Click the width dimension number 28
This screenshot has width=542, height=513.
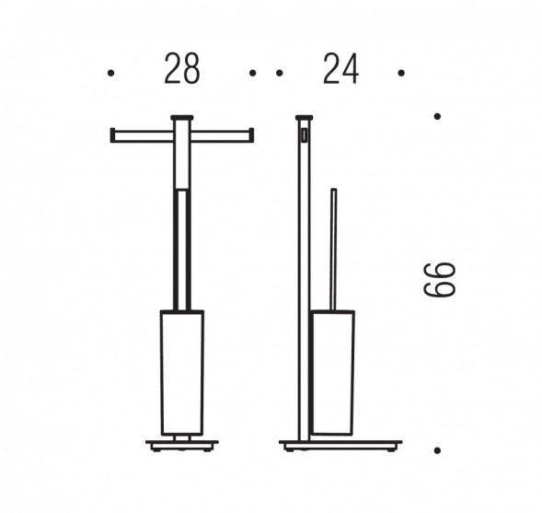point(182,68)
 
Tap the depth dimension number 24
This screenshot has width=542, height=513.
point(340,68)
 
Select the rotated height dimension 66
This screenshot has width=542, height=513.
point(440,279)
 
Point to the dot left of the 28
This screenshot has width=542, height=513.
point(111,73)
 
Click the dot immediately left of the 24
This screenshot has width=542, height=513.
point(280,73)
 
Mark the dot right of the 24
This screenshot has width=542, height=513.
point(401,73)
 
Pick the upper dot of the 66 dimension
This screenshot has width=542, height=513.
point(437,116)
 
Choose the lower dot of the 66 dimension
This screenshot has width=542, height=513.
point(437,450)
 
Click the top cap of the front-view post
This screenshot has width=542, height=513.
point(182,118)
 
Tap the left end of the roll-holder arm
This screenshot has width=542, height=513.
point(112,135)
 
